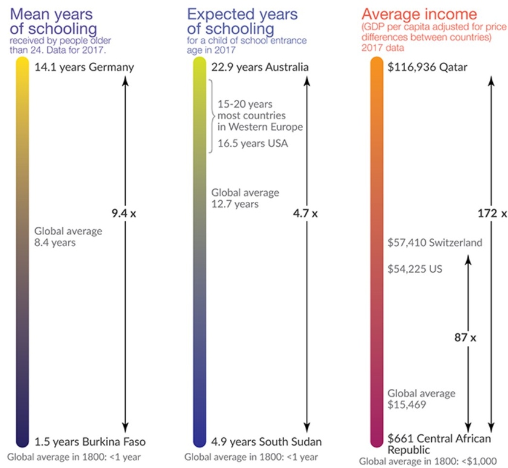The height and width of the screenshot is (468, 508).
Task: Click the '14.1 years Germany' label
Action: coord(83,67)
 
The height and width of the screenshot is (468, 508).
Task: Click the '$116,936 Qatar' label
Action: coord(428,67)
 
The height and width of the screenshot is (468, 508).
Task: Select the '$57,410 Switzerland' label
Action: coord(435,243)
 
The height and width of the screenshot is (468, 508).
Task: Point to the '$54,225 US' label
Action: coord(415,268)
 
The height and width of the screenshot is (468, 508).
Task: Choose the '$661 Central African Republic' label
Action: coord(432,444)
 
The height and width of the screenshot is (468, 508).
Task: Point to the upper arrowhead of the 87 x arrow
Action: coord(467,259)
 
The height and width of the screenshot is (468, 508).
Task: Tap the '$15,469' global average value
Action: coord(408,406)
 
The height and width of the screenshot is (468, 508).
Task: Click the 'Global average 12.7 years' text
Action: coord(245,198)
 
